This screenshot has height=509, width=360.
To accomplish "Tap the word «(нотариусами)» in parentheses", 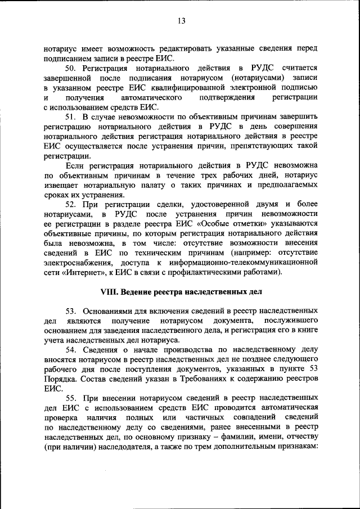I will [x=258, y=78].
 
